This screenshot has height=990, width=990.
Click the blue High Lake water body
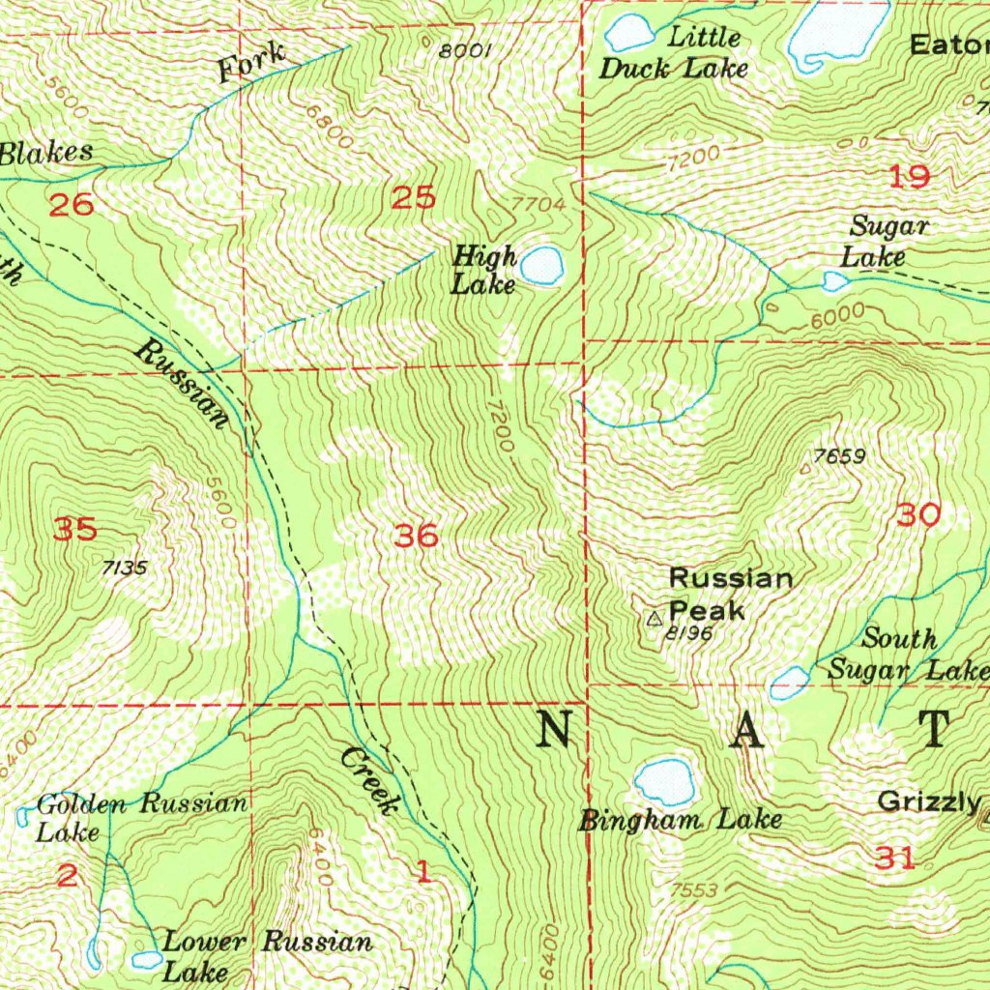point(541,265)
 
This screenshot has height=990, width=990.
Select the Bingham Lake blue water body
point(665,779)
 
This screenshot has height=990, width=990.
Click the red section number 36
point(418,535)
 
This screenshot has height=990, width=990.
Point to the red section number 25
point(413,198)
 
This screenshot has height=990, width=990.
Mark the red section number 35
point(74,529)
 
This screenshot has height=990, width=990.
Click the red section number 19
point(909,176)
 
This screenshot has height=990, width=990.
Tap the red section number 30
point(917,514)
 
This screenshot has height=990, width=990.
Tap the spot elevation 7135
point(124,568)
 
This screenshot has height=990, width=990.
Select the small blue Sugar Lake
point(834,281)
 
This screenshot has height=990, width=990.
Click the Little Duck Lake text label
point(674,53)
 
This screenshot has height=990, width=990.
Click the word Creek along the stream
point(371,780)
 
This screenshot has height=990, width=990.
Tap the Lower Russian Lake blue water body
point(147,959)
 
